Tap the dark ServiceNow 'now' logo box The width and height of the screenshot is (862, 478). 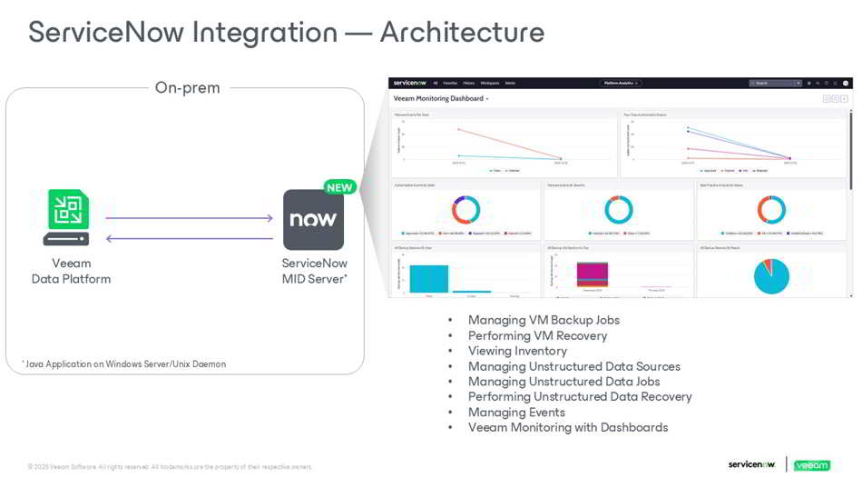tap(313, 219)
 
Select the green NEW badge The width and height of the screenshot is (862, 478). tap(339, 187)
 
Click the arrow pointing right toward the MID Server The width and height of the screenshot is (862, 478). tap(189, 218)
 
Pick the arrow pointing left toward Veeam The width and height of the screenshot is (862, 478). tap(189, 238)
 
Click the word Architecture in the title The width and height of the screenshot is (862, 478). tap(462, 32)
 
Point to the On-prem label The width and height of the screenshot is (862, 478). tap(187, 88)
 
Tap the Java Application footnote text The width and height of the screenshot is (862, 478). tap(123, 363)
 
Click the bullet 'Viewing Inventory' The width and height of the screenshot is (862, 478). tap(517, 351)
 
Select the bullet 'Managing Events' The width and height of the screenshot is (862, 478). tap(516, 412)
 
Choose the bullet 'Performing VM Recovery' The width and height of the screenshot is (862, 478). tap(537, 335)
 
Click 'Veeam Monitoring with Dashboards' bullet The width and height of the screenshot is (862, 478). tap(568, 427)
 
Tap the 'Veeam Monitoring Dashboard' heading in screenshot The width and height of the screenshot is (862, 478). tap(439, 98)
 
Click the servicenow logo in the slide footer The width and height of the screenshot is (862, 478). tap(751, 464)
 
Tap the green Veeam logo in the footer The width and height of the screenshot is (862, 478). tap(811, 465)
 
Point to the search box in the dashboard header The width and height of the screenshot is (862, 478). tap(774, 83)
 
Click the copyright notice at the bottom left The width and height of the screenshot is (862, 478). tap(170, 466)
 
